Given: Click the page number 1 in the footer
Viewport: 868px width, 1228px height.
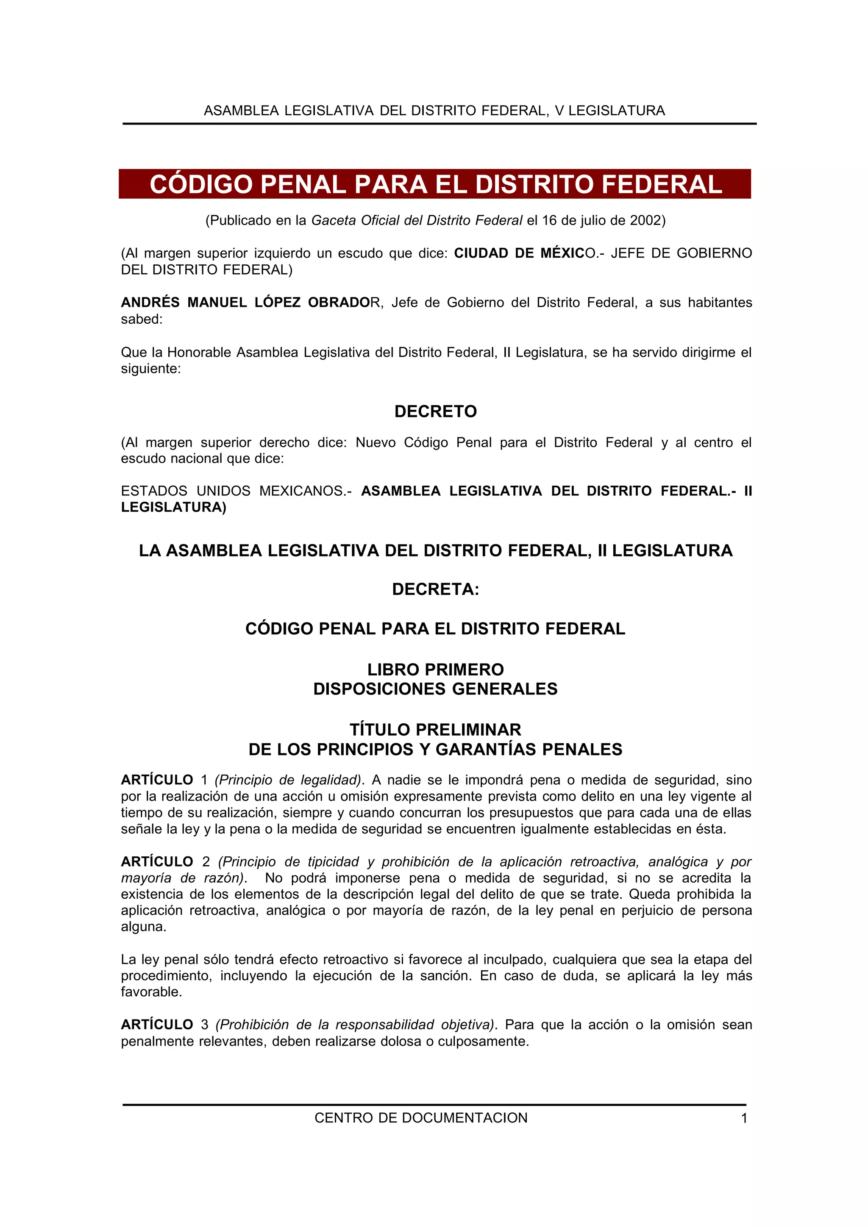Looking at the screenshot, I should click(x=744, y=1118).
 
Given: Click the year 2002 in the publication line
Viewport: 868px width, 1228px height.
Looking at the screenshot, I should click(x=645, y=220).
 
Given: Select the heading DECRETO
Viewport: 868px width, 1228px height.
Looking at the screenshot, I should click(x=435, y=411).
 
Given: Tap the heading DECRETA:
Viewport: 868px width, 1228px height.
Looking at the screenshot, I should click(x=435, y=589).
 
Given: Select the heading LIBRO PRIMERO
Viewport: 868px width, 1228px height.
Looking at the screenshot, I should click(x=435, y=670).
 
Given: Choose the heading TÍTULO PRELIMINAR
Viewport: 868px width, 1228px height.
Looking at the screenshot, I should click(x=435, y=730).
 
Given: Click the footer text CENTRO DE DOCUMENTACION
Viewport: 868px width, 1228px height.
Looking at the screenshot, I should click(x=421, y=1118).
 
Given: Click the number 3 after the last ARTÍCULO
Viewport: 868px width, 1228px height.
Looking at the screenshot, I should click(x=204, y=1025).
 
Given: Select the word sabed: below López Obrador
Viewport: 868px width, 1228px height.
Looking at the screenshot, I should click(x=142, y=320).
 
